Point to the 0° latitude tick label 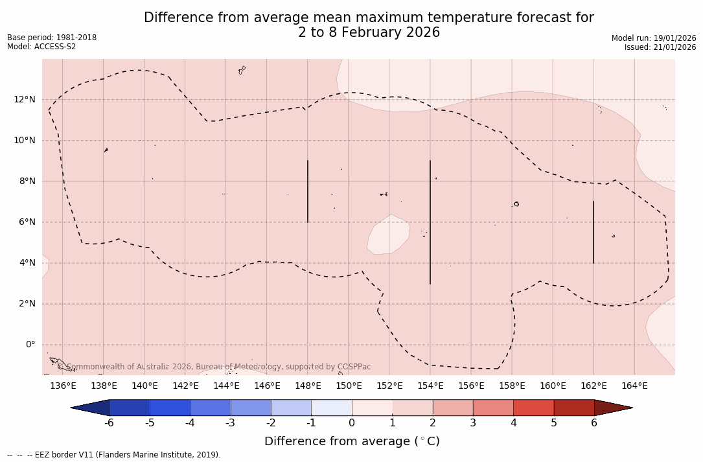point(30,345)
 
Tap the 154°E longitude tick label point(430,386)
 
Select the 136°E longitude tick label point(63,386)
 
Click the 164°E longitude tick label point(634,386)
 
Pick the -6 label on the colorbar point(109,423)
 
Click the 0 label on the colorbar point(352,423)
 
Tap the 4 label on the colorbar point(513,423)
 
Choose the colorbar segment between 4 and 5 point(533,408)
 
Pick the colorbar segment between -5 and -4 point(170,408)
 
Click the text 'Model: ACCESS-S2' point(41,47)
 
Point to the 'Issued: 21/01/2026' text point(660,47)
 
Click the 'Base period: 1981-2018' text point(52,38)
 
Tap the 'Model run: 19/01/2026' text point(654,38)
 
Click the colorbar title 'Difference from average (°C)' point(352,441)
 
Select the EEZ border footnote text point(114,455)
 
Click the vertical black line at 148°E point(308,191)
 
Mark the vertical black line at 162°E point(594,232)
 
